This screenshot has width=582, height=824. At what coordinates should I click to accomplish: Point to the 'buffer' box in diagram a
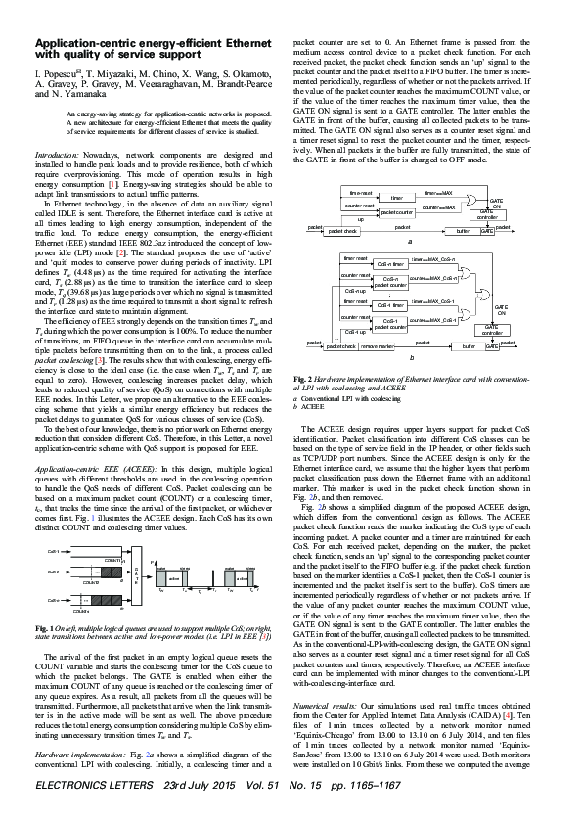click(463, 232)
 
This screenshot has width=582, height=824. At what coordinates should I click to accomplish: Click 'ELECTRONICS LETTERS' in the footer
click(87, 812)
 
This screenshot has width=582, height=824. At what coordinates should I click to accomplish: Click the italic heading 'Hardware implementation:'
click(78, 756)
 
